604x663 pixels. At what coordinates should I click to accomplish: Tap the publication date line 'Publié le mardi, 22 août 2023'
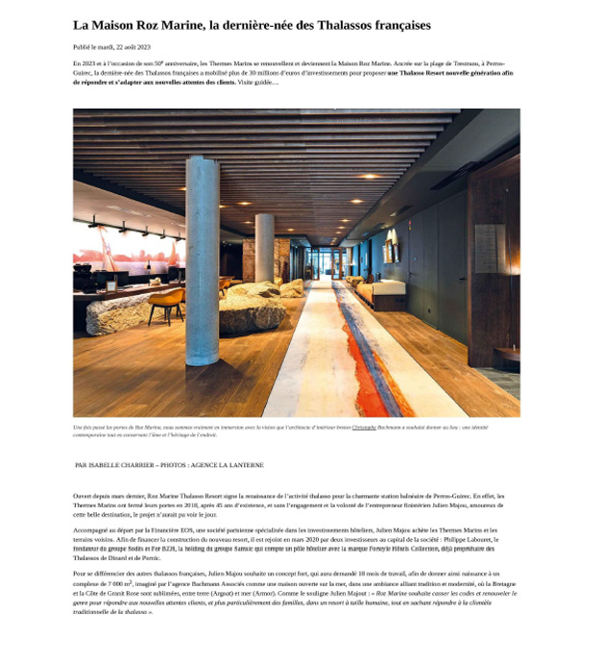(x=111, y=47)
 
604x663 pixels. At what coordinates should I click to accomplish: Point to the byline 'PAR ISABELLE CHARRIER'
(x=114, y=465)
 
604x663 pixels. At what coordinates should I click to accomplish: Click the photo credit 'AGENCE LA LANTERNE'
(x=230, y=465)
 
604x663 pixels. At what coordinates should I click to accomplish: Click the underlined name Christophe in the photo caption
(x=364, y=428)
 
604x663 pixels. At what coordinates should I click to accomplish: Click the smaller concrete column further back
(x=264, y=247)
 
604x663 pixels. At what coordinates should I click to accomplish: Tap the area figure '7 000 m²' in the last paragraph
(x=119, y=584)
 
